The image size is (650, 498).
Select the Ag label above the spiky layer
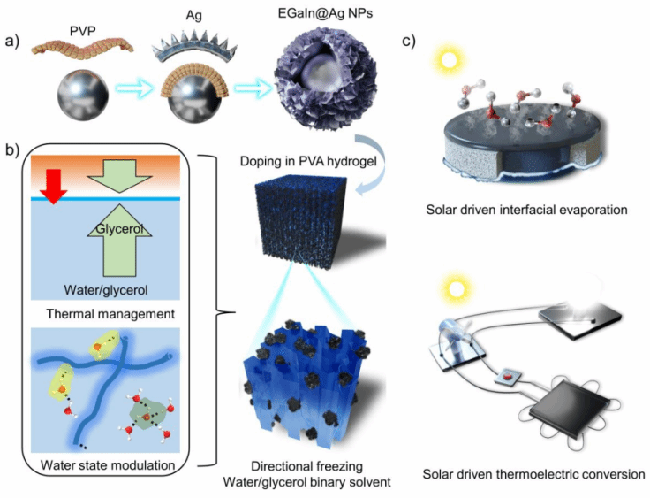pyautogui.click(x=183, y=15)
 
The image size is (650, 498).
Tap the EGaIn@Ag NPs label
pyautogui.click(x=316, y=13)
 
